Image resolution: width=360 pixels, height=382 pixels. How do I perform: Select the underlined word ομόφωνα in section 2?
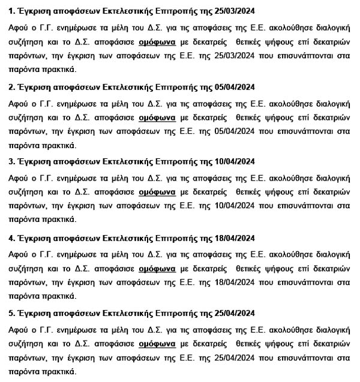(x=157, y=118)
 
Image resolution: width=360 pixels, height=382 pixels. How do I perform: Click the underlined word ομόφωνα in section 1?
(x=157, y=41)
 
